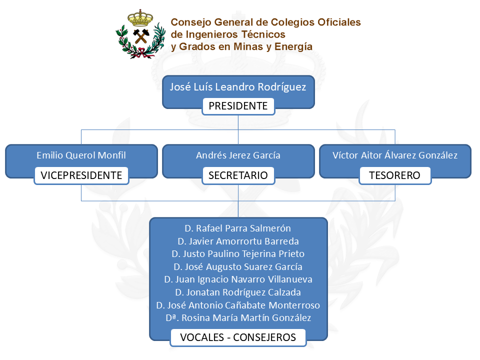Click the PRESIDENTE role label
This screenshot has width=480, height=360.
[238, 106]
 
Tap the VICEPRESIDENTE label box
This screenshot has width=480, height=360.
[81, 175]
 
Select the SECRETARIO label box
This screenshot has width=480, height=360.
[238, 175]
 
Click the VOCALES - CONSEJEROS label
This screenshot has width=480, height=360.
[238, 337]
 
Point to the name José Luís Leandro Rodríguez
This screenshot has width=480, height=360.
[238, 87]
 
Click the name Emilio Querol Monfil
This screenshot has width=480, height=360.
[81, 155]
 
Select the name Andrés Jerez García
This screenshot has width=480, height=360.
[238, 155]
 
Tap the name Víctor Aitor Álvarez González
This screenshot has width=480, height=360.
[395, 155]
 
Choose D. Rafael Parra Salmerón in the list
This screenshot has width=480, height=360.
[237, 228]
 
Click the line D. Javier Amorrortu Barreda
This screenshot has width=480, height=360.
[237, 241]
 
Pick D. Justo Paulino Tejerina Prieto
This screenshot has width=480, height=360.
[237, 254]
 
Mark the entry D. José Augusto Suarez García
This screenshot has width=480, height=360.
[237, 267]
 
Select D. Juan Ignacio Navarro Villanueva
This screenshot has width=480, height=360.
[237, 279]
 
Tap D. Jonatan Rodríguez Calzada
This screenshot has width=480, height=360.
[237, 292]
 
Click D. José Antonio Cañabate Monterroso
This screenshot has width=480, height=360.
[237, 305]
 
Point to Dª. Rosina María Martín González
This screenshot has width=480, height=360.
[237, 318]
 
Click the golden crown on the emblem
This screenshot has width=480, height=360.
[140, 19]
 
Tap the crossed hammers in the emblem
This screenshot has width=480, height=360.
[140, 36]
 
